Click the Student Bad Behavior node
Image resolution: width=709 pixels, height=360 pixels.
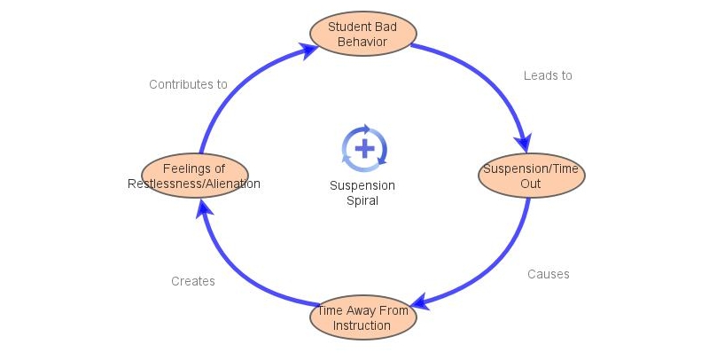[362, 34]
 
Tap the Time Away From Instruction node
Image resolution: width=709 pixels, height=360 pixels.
[362, 318]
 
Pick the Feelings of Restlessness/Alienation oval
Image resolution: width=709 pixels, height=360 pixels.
[194, 176]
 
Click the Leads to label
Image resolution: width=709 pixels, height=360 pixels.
[548, 76]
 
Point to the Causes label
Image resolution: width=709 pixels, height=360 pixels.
[549, 274]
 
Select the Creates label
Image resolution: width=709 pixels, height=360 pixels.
[193, 281]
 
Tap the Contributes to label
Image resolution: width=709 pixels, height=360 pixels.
[188, 85]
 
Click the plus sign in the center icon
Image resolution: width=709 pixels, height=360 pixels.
[363, 147]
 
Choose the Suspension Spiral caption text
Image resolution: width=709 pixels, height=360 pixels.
[362, 192]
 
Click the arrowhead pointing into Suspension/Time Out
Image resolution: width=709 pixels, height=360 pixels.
[526, 143]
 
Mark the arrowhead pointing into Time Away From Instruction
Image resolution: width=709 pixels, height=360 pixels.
[418, 304]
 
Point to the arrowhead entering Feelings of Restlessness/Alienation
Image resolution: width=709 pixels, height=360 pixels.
[205, 207]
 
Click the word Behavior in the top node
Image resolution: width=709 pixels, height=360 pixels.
[362, 41]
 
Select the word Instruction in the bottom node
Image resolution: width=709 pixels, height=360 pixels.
[362, 325]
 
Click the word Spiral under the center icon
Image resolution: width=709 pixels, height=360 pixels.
[362, 200]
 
